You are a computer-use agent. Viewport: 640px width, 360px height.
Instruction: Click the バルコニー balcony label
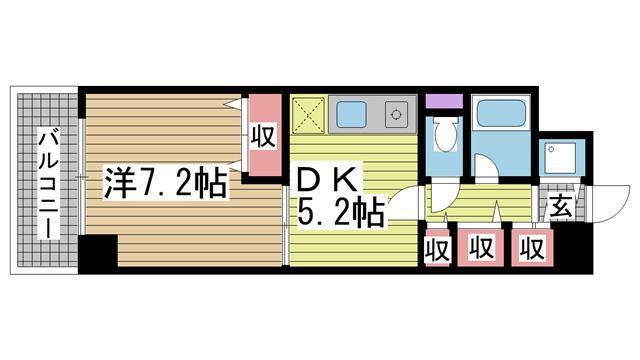(x=49, y=183)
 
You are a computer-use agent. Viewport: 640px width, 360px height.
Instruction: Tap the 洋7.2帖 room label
(x=165, y=182)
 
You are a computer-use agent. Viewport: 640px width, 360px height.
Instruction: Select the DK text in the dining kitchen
(x=329, y=180)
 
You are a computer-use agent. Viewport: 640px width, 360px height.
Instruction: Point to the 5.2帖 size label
(x=341, y=212)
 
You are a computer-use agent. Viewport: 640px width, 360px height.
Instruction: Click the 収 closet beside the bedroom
(x=265, y=135)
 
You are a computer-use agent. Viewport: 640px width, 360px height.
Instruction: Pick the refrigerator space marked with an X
(x=309, y=115)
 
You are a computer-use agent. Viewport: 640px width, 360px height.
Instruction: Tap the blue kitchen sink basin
(x=351, y=114)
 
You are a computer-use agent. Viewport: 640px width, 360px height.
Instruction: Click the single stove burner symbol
(x=396, y=114)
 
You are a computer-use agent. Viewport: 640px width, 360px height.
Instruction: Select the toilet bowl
(x=445, y=134)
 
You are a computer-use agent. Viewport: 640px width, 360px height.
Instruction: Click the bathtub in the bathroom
(x=501, y=113)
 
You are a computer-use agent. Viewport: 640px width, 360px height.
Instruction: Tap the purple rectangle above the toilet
(x=444, y=101)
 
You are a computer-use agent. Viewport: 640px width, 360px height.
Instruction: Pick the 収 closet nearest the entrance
(x=532, y=247)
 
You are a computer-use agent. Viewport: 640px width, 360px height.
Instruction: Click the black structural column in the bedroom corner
(x=98, y=253)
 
